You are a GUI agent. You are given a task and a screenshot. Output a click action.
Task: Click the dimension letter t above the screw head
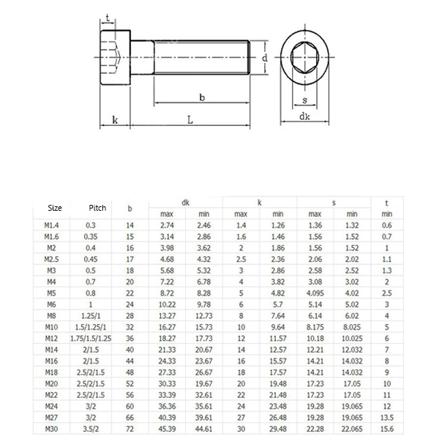tap(108, 18)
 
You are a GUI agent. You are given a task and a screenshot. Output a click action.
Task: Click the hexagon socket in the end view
tap(304, 57)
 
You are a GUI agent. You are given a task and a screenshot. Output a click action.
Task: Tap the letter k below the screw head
tap(114, 120)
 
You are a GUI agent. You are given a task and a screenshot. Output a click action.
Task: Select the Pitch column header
tap(97, 208)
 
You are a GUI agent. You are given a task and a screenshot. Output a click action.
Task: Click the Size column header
tap(55, 208)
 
